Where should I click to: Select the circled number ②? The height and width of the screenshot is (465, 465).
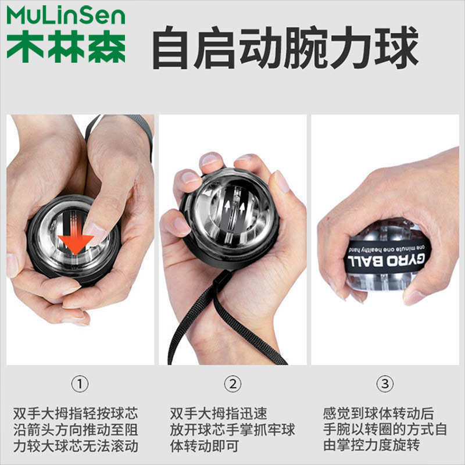tap(233, 384)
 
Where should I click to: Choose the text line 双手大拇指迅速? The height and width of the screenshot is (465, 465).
tap(219, 414)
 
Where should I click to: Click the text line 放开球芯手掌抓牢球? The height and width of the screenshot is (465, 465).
tap(233, 431)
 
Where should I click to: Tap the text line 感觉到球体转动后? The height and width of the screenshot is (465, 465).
tap(378, 414)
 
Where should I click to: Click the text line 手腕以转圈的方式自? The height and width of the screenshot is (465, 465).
tap(385, 431)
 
